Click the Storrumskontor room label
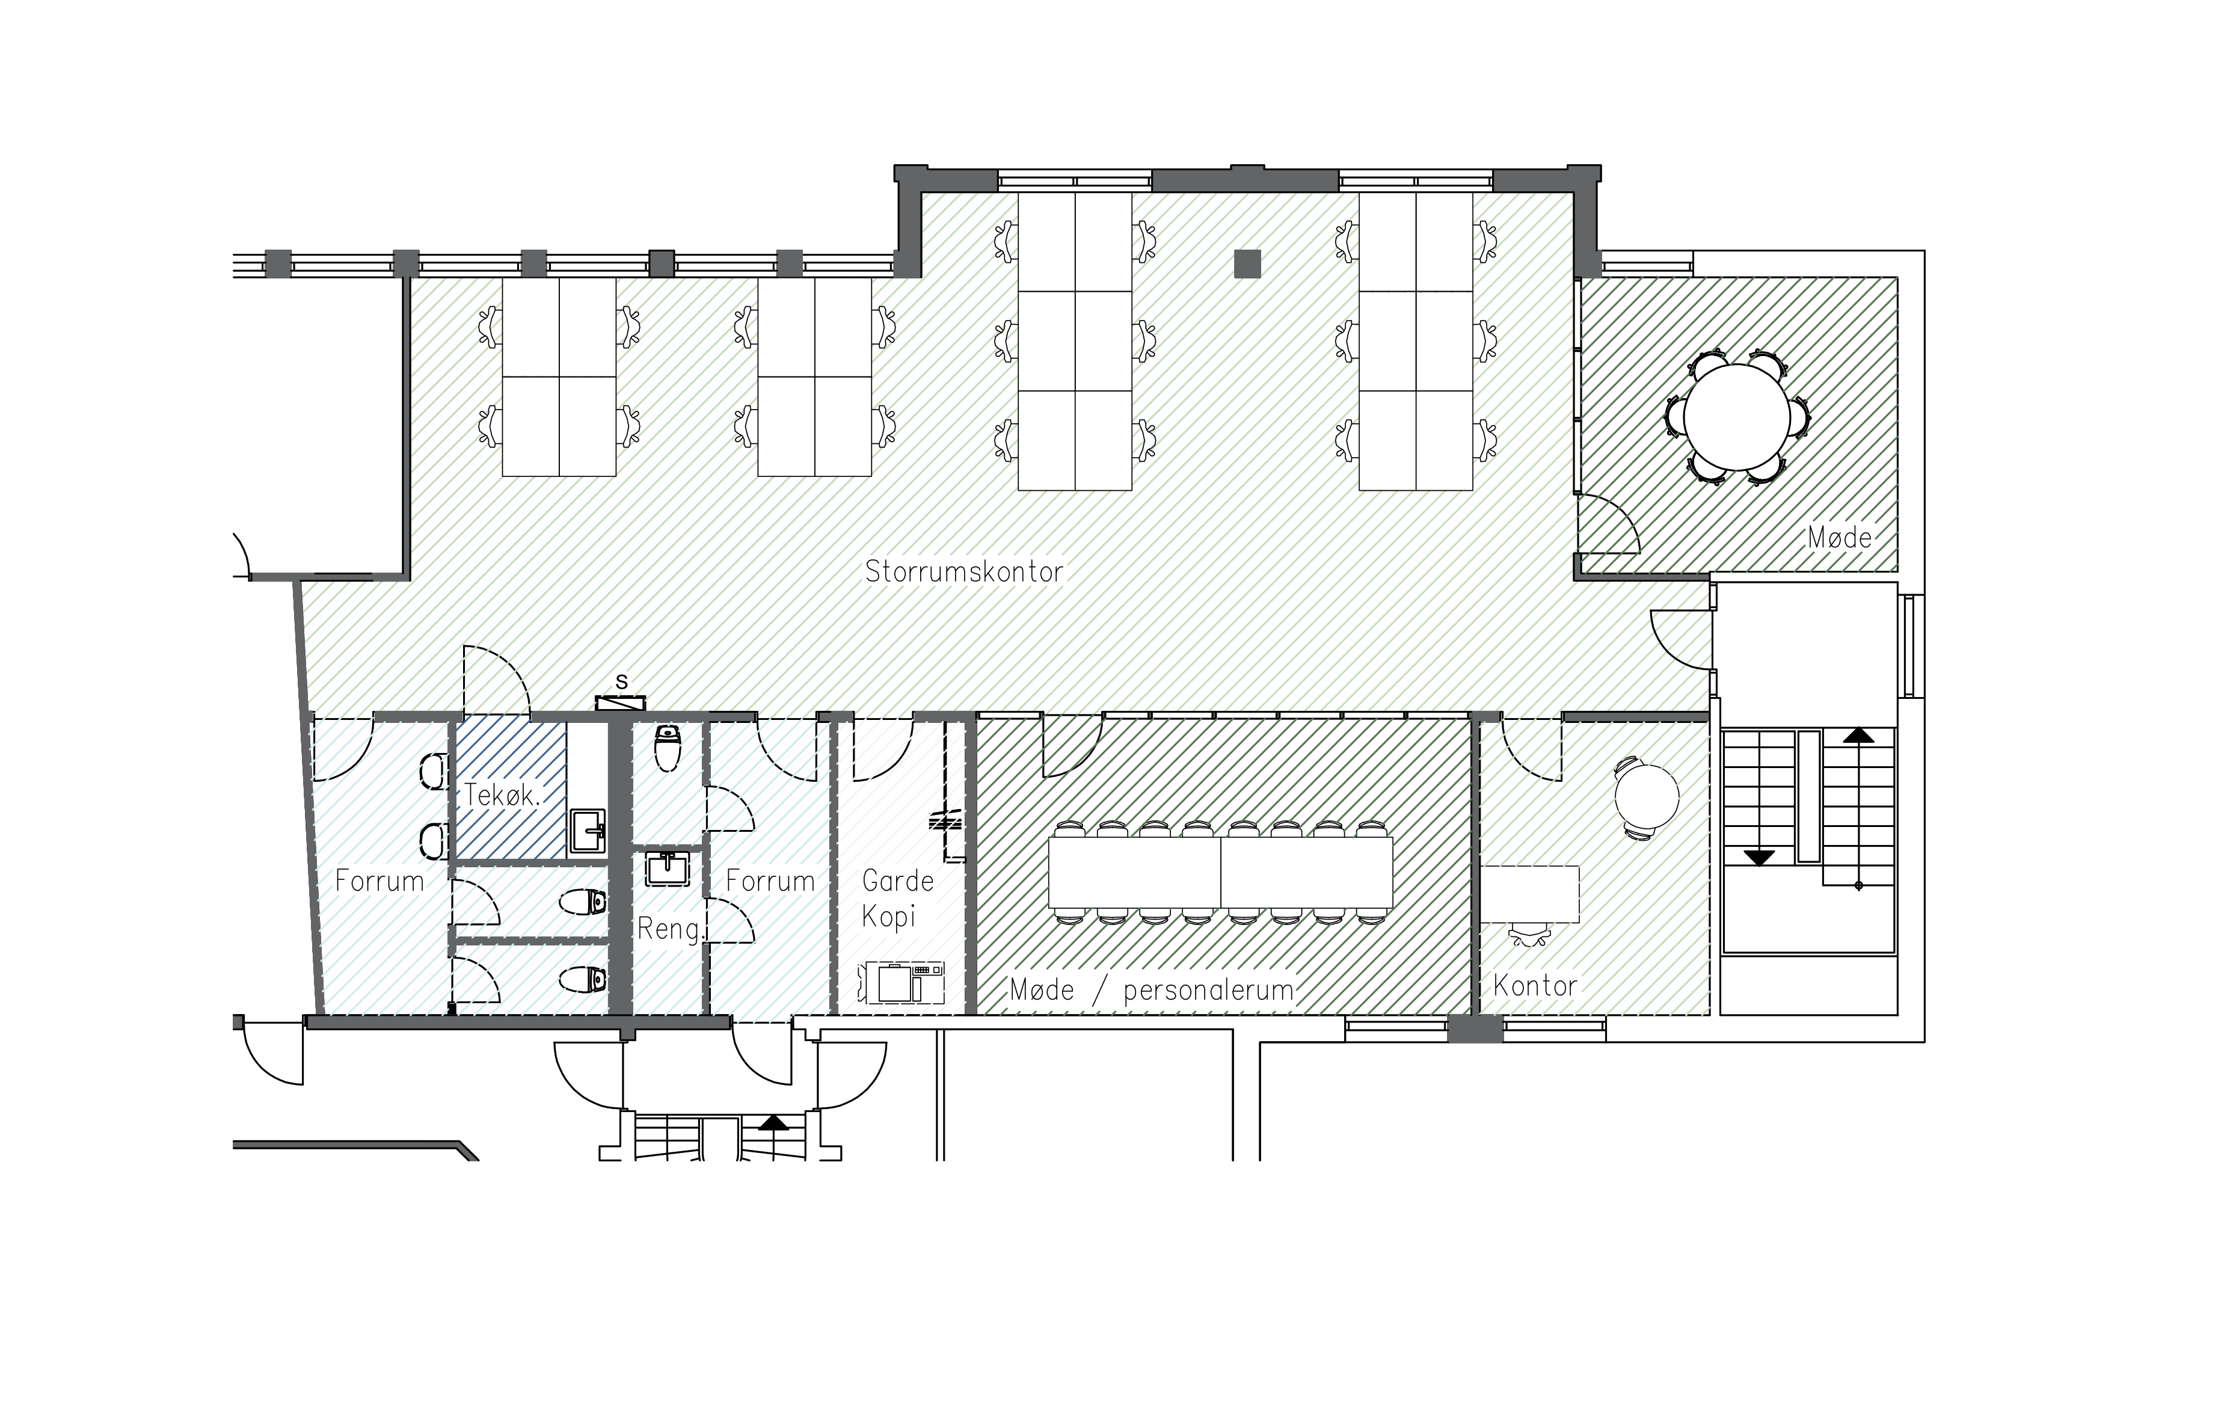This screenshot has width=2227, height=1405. [x=963, y=571]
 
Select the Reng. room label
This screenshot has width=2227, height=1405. [x=669, y=929]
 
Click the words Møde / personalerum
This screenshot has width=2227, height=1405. [x=1152, y=991]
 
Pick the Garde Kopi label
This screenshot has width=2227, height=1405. [x=897, y=898]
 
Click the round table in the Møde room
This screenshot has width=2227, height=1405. [x=1737, y=417]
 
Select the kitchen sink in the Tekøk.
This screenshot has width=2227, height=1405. [x=586, y=829]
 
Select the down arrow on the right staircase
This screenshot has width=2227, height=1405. [x=1758, y=858]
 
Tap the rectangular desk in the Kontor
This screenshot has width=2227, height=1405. [x=1531, y=894]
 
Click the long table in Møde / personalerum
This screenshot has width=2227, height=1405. [x=1221, y=872]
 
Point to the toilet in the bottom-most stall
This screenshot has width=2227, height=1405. [x=585, y=979]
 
